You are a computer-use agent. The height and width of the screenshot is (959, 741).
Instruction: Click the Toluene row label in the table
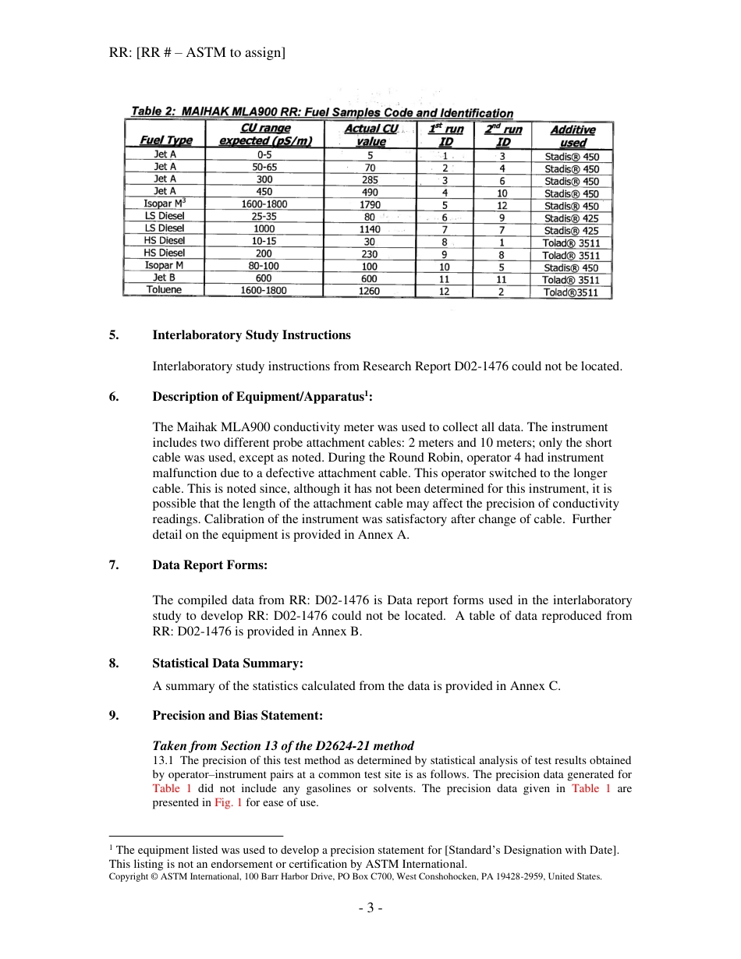pos(164,290)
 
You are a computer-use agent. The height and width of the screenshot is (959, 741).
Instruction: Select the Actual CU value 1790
pos(370,205)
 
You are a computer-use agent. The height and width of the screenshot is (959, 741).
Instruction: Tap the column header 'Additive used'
pos(572,136)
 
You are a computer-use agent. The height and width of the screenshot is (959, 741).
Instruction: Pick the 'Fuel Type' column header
pos(165,141)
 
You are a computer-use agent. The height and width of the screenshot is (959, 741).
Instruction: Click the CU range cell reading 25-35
pos(264,217)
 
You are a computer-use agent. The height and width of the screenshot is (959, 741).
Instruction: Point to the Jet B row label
pos(164,278)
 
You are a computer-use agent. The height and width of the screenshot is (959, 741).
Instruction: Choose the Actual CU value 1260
pos(370,291)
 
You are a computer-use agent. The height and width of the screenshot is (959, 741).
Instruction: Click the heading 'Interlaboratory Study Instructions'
pos(251,335)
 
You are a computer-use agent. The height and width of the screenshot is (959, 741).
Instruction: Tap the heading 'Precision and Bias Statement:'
pos(237,716)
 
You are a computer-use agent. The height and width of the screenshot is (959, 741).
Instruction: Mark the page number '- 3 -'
pos(370,908)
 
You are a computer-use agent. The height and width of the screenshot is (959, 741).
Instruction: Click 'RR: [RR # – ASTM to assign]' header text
pos(197,53)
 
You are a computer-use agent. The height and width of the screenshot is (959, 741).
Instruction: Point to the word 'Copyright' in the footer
pos(129,877)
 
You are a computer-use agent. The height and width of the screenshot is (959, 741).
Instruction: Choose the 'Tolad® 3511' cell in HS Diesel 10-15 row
pos(571,242)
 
